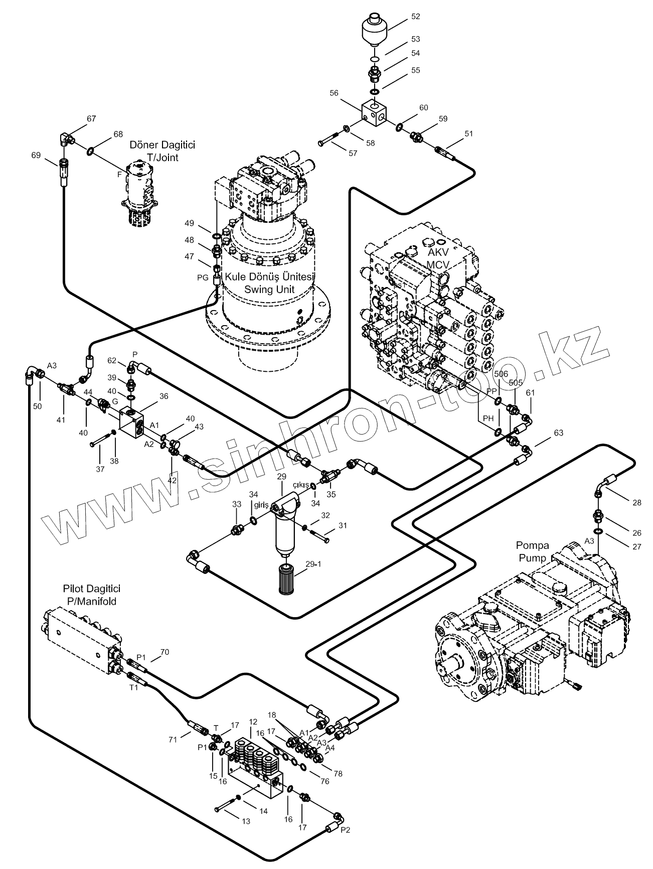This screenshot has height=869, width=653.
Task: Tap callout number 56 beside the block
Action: click(x=334, y=93)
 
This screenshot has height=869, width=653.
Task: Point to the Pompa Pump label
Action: click(x=533, y=551)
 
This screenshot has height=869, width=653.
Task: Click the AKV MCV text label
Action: click(x=437, y=259)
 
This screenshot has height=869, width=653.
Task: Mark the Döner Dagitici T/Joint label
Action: click(x=162, y=151)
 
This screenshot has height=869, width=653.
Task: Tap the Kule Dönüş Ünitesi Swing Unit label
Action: click(x=269, y=283)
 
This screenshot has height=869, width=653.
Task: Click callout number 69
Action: click(x=36, y=156)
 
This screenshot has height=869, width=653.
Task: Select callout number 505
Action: click(x=516, y=383)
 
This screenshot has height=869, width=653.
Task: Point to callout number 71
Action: click(x=173, y=740)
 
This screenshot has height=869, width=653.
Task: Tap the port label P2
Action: click(x=345, y=829)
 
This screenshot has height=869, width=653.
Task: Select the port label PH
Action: click(x=488, y=418)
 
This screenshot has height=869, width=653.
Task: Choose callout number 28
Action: click(x=637, y=503)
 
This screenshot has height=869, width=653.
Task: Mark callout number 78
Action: click(x=338, y=774)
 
